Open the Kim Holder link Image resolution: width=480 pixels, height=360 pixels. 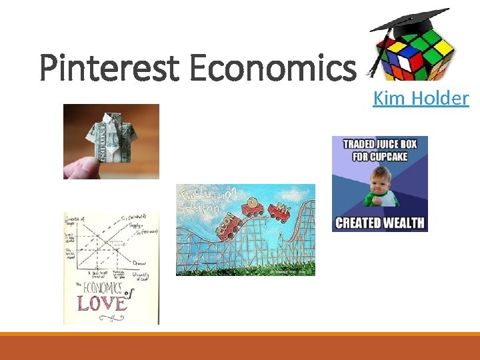(x=421, y=99)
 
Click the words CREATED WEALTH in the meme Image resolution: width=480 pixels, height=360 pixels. (x=379, y=222)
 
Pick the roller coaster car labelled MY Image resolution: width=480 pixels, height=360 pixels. (x=280, y=213)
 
